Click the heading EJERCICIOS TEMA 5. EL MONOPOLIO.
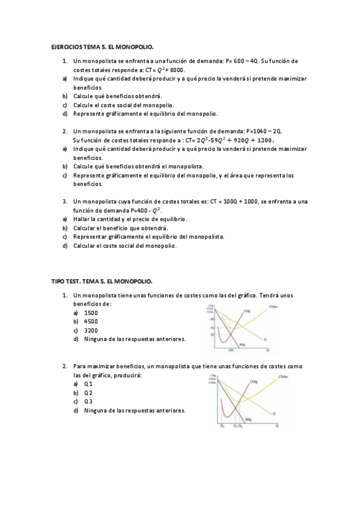tap(102, 46)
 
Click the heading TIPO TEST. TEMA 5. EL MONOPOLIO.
tap(102, 281)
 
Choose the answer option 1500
tap(91, 313)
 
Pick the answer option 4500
tap(91, 322)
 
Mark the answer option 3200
tap(91, 330)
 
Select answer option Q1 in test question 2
tap(88, 384)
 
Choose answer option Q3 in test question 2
tap(88, 401)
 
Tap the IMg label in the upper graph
tap(242, 345)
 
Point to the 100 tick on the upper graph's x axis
tap(230, 349)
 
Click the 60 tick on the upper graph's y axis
tap(212, 319)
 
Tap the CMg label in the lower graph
tap(254, 381)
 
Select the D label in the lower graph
tap(274, 414)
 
